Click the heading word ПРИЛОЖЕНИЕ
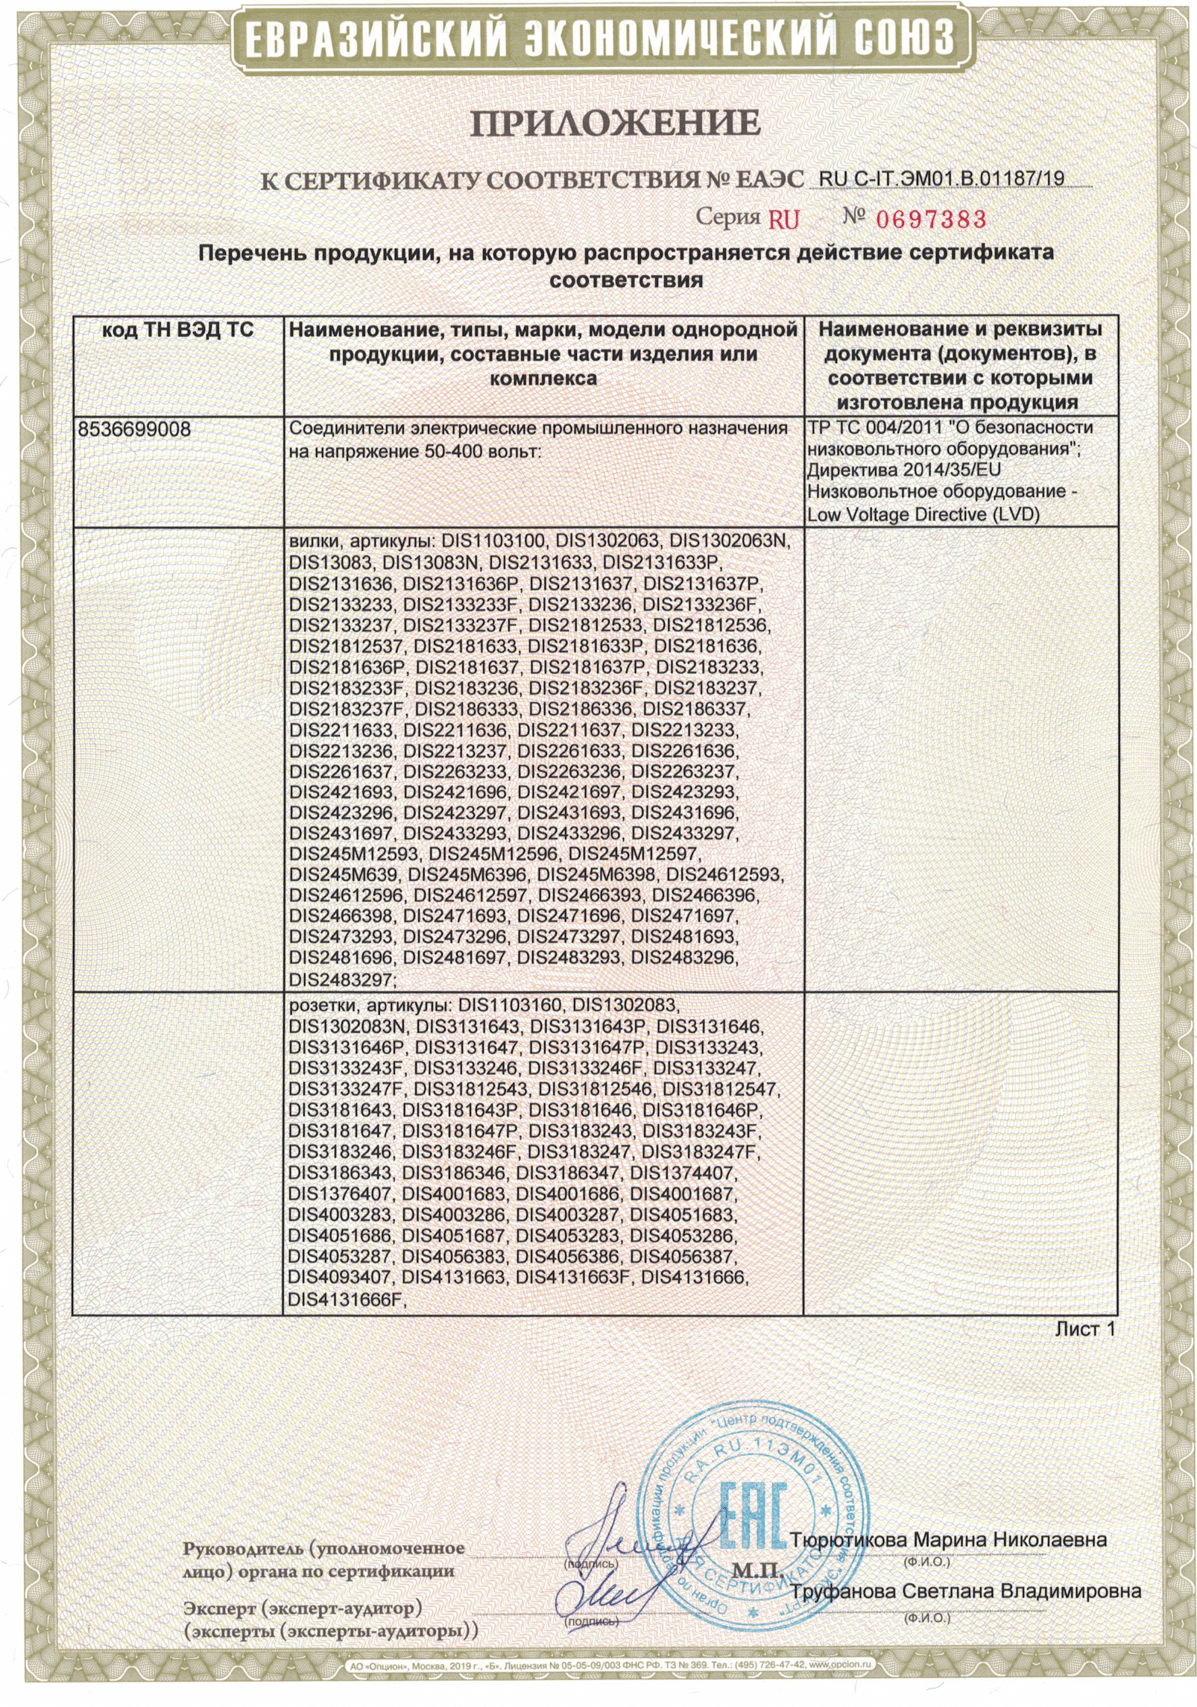[x=615, y=123]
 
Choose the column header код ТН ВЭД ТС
[x=177, y=330]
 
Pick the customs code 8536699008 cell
[x=134, y=430]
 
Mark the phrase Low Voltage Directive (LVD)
[x=923, y=514]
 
